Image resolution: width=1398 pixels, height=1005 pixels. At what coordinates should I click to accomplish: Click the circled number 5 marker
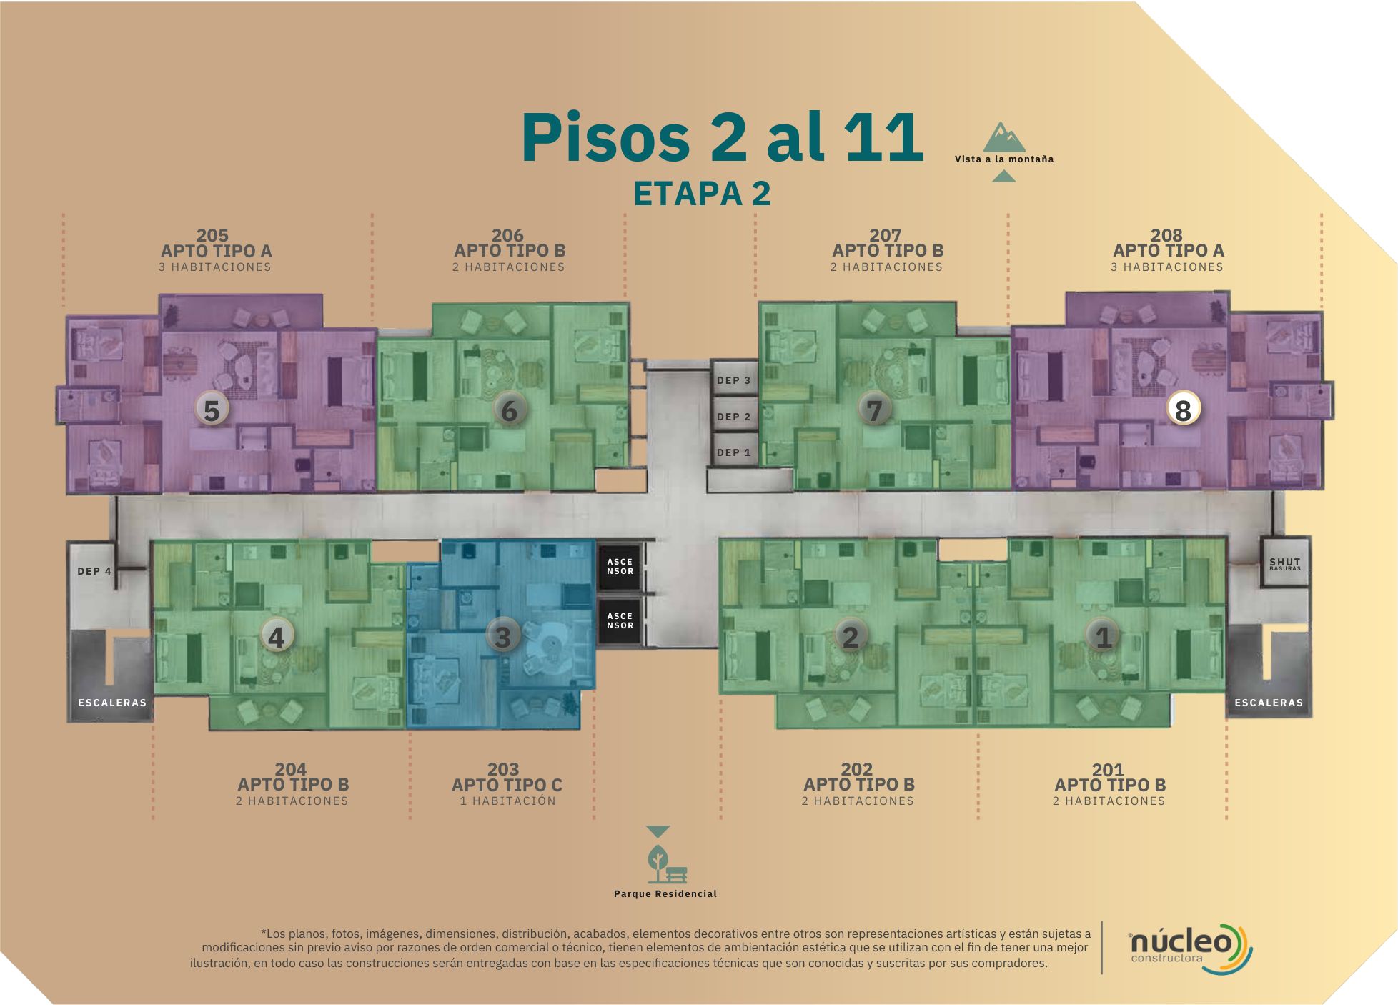click(212, 410)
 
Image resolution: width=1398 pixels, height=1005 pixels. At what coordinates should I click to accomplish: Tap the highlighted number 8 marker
click(1183, 410)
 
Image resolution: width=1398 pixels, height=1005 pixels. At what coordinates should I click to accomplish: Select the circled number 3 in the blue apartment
click(502, 635)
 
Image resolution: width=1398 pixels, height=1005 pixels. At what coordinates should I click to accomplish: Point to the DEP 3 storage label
click(733, 380)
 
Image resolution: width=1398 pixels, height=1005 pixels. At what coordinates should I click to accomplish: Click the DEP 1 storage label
click(733, 452)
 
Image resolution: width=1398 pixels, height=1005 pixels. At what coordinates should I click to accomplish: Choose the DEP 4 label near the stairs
click(94, 571)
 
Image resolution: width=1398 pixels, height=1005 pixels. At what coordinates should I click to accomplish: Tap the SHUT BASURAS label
click(1284, 564)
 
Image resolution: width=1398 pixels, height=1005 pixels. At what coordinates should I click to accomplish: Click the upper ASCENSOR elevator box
click(620, 566)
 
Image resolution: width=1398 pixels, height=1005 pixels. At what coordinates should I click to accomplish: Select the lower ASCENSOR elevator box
click(620, 620)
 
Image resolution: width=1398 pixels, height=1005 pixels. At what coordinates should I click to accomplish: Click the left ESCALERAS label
click(112, 703)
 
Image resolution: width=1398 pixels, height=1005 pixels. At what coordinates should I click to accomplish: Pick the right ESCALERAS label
click(1269, 703)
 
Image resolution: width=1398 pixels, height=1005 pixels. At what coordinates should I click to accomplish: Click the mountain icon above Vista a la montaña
click(1003, 137)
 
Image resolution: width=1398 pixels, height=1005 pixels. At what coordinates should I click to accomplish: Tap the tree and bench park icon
click(667, 863)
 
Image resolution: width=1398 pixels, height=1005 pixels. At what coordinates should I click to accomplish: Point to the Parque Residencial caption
click(665, 893)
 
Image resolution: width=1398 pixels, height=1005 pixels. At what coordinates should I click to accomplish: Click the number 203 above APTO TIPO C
click(503, 769)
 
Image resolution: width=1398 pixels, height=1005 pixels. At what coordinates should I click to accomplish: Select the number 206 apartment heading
click(507, 235)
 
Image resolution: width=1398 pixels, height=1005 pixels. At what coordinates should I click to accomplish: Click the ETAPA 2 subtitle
click(702, 194)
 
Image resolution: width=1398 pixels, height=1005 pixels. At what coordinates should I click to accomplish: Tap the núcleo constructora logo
click(1190, 948)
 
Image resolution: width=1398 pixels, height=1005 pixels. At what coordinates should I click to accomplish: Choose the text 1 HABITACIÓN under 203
click(508, 801)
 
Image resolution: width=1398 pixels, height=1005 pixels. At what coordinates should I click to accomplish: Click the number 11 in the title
click(883, 137)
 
